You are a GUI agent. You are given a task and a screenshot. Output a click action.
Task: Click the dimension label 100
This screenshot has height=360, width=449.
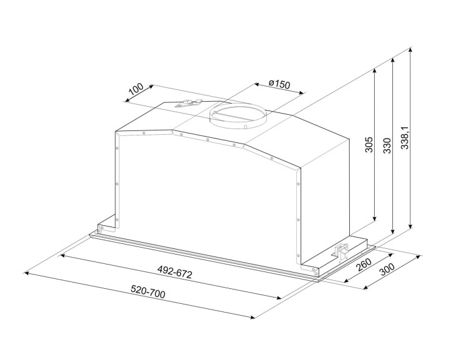pyautogui.click(x=135, y=90)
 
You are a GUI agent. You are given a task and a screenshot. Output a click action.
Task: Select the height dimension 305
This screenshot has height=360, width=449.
pyautogui.click(x=369, y=144)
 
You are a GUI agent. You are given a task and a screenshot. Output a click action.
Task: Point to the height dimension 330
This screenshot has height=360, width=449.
pyautogui.click(x=387, y=144)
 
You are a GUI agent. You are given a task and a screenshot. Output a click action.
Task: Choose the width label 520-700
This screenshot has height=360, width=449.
pyautogui.click(x=148, y=292)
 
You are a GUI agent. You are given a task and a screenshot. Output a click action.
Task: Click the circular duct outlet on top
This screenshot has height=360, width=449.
pyautogui.click(x=238, y=116)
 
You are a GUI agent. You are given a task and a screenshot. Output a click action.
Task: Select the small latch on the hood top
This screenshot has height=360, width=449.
pyautogui.click(x=188, y=104)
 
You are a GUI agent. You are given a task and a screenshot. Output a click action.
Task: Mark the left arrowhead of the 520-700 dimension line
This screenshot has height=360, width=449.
pyautogui.click(x=25, y=272)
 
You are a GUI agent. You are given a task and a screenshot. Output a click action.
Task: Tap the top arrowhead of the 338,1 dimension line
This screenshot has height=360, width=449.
pyautogui.click(x=411, y=54)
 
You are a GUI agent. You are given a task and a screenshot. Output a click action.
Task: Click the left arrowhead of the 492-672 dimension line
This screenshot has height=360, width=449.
pyautogui.click(x=62, y=254)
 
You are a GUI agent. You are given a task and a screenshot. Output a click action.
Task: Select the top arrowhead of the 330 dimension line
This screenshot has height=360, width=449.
pyautogui.click(x=392, y=61)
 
